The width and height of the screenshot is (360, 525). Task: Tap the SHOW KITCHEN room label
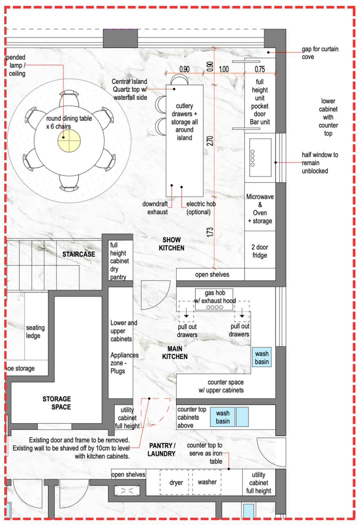click(x=171, y=244)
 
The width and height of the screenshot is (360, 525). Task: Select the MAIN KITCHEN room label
click(x=175, y=353)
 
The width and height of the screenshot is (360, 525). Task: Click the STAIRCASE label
click(x=79, y=254)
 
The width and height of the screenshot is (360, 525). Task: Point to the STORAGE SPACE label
click(x=57, y=403)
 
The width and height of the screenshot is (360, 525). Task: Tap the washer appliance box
click(x=207, y=482)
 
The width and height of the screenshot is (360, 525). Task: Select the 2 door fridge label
click(x=260, y=251)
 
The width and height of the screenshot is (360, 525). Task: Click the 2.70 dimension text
click(x=210, y=141)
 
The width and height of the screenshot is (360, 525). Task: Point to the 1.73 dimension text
click(x=210, y=232)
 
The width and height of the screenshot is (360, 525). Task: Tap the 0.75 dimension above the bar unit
click(x=260, y=69)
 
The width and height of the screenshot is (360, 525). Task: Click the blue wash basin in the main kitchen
click(x=262, y=358)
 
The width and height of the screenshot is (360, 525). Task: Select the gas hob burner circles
click(x=215, y=307)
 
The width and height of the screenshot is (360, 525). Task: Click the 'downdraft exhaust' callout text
click(x=155, y=208)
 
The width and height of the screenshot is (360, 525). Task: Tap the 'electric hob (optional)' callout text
click(x=200, y=208)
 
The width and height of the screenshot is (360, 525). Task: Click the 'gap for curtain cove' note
click(x=320, y=53)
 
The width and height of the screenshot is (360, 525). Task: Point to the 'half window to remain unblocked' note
click(x=320, y=163)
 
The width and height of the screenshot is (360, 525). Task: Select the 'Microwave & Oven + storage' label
click(x=260, y=209)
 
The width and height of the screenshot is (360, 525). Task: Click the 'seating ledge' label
click(x=35, y=331)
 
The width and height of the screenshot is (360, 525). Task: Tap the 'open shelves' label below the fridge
click(x=212, y=275)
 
